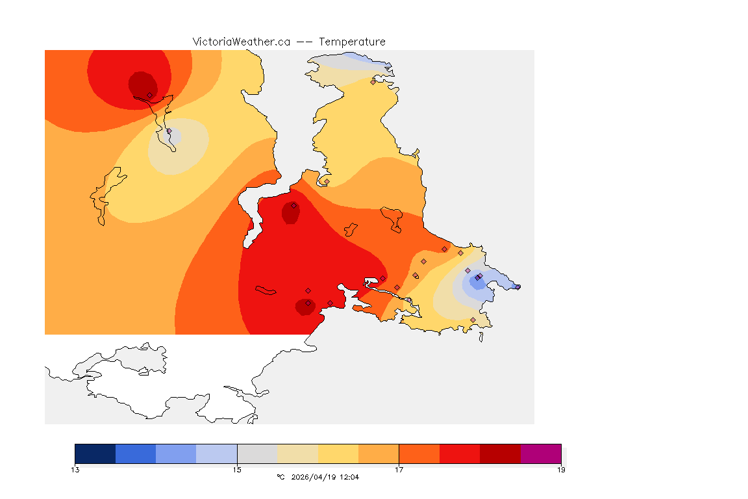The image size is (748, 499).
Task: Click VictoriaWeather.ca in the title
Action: pyautogui.click(x=241, y=42)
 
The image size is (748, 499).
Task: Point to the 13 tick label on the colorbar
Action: pyautogui.click(x=75, y=469)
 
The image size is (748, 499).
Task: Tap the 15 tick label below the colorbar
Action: pyautogui.click(x=237, y=469)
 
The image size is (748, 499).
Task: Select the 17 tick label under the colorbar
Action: pyautogui.click(x=399, y=469)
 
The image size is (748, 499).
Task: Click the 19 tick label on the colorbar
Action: pyautogui.click(x=561, y=469)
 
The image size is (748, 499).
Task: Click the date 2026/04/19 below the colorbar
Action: pyautogui.click(x=314, y=477)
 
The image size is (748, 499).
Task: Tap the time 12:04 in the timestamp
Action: pyautogui.click(x=349, y=477)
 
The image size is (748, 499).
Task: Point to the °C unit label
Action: pyautogui.click(x=280, y=477)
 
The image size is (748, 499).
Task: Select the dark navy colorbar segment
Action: pyautogui.click(x=95, y=454)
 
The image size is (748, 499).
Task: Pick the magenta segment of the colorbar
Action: pyautogui.click(x=541, y=454)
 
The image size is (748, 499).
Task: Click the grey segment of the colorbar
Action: pyautogui.click(x=257, y=454)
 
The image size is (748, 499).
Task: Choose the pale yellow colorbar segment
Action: pyautogui.click(x=338, y=454)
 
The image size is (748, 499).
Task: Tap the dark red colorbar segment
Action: pyautogui.click(x=500, y=454)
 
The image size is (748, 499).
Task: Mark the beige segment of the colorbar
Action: pyautogui.click(x=298, y=454)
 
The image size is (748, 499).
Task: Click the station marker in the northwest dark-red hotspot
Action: pyautogui.click(x=149, y=95)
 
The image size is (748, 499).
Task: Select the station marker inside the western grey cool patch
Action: pyautogui.click(x=169, y=131)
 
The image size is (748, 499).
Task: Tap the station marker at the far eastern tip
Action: pyautogui.click(x=517, y=287)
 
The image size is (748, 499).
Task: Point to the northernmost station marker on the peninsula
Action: pyautogui.click(x=373, y=82)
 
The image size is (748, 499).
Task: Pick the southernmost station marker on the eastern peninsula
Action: pyautogui.click(x=473, y=320)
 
